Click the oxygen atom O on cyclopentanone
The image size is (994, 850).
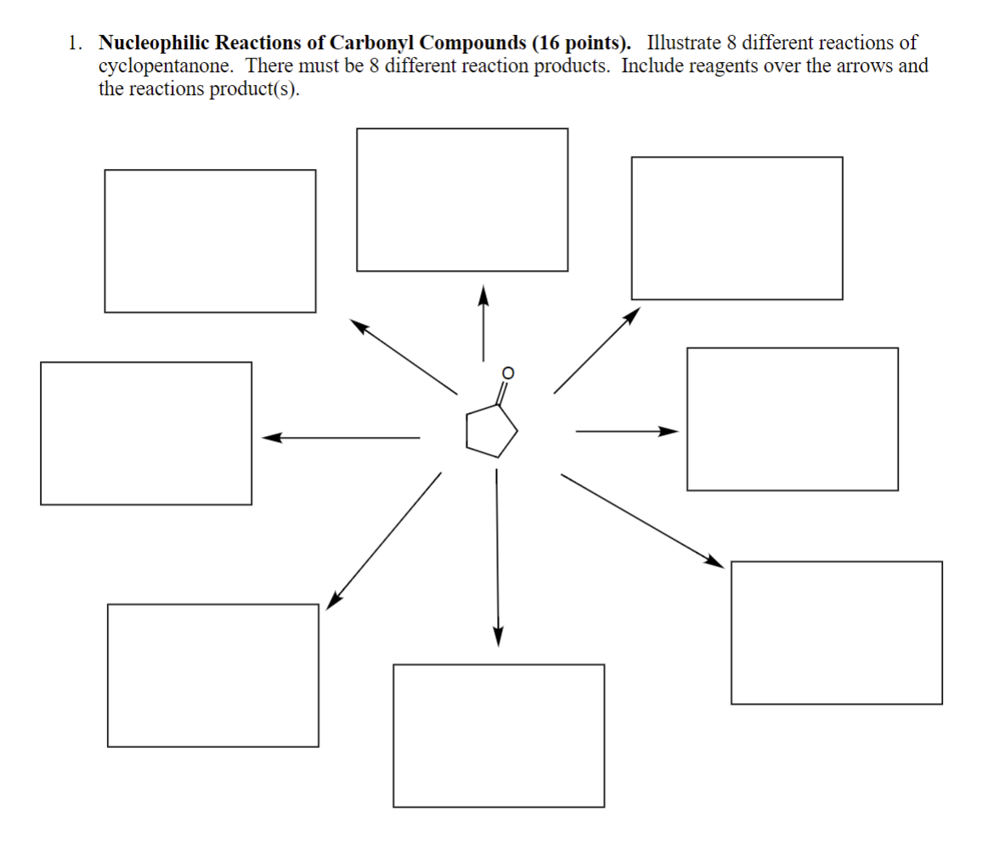click(x=508, y=372)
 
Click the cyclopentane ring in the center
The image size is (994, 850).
click(x=489, y=429)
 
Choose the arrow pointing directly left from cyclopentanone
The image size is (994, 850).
click(x=341, y=438)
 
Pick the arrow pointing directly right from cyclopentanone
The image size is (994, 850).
click(x=627, y=431)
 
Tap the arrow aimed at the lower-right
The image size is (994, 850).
click(x=641, y=519)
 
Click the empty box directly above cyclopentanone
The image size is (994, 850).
click(x=462, y=200)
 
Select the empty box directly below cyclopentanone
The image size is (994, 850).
click(x=499, y=735)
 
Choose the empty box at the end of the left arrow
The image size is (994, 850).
click(x=146, y=433)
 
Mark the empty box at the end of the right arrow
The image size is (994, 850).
click(x=792, y=419)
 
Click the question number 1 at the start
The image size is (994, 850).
click(x=76, y=42)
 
